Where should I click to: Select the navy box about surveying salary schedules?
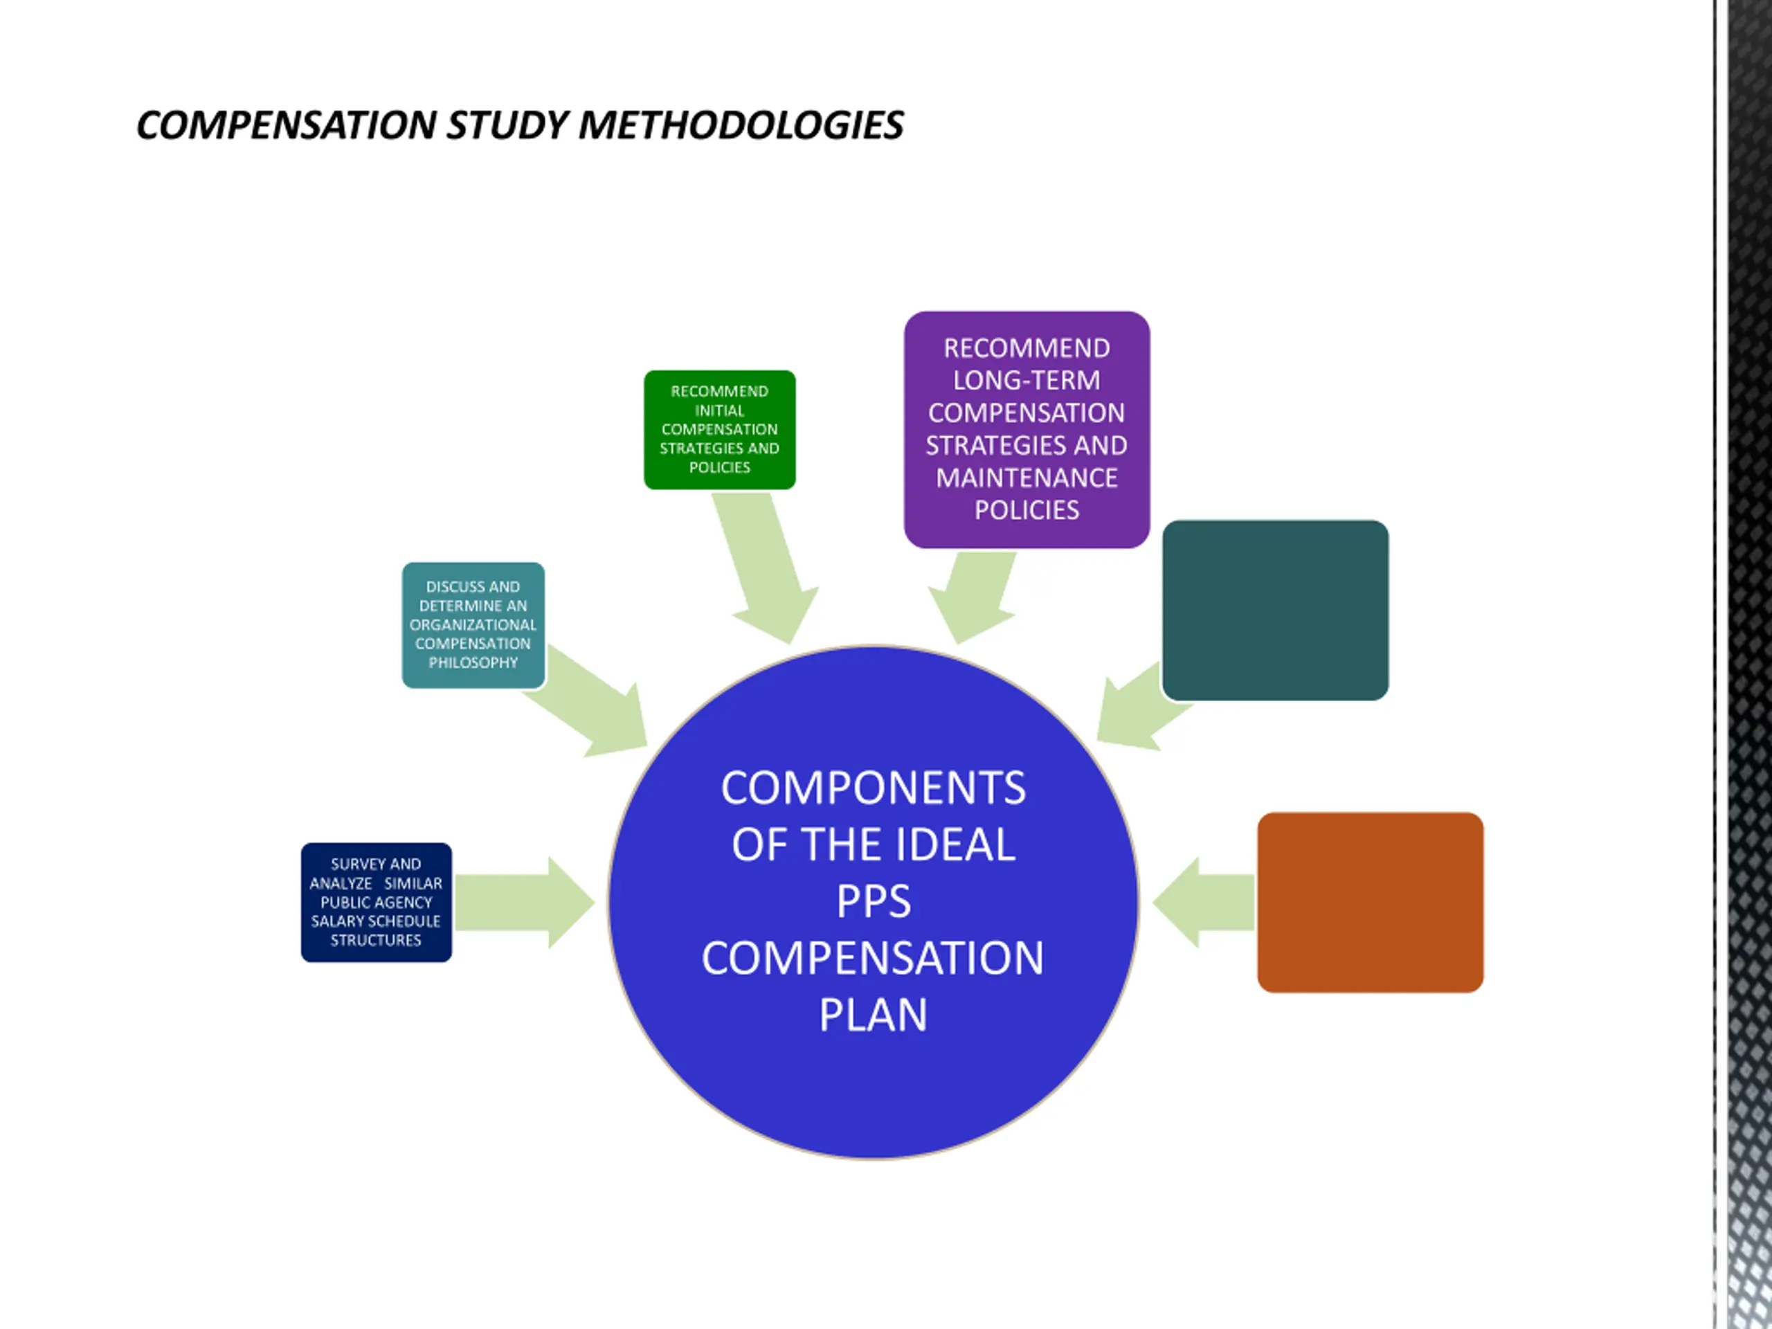(x=376, y=902)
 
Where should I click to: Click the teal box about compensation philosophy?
(x=473, y=625)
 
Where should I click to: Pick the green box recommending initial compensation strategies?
(x=719, y=429)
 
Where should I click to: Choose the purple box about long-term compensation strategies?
(x=1027, y=429)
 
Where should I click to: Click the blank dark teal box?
(x=1274, y=610)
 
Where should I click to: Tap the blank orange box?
(x=1370, y=902)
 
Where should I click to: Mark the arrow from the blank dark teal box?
(x=1137, y=709)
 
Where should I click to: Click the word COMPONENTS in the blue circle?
(x=873, y=788)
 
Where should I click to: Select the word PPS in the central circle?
(x=873, y=901)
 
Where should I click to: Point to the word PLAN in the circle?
(x=873, y=1015)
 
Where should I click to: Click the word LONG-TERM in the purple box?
(x=1027, y=381)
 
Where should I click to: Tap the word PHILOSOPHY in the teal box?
(x=473, y=662)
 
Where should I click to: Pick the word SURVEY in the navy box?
(x=352, y=864)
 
